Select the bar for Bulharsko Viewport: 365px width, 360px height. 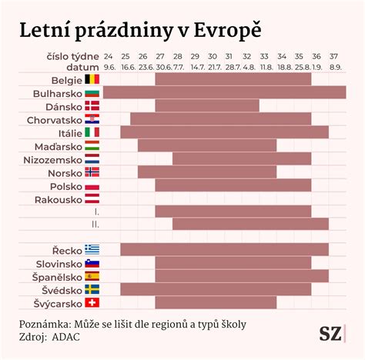pyautogui.click(x=224, y=92)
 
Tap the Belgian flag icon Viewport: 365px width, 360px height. pyautogui.click(x=92, y=79)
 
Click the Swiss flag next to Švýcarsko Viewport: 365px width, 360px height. pyautogui.click(x=92, y=302)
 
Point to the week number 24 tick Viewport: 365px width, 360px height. pyautogui.click(x=109, y=57)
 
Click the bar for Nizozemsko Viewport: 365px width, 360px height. pyautogui.click(x=242, y=158)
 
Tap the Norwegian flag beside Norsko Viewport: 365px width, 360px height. pyautogui.click(x=92, y=172)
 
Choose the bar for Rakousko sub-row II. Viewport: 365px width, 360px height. pyautogui.click(x=250, y=224)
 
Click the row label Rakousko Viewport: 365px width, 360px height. pyautogui.click(x=58, y=199)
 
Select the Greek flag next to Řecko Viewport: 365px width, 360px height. pyautogui.click(x=92, y=249)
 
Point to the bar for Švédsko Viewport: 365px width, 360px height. pyautogui.click(x=216, y=289)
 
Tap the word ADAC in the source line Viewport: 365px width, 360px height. pyautogui.click(x=65, y=336)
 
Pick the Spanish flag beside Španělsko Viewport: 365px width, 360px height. pyautogui.click(x=92, y=275)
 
